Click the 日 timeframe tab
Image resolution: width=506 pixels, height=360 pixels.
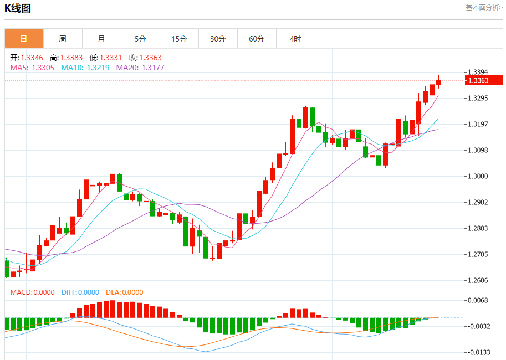coord(24,39)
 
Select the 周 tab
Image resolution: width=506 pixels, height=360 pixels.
coord(63,39)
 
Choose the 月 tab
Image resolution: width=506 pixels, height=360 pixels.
coord(101,39)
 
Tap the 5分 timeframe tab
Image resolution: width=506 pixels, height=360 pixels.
coord(140,39)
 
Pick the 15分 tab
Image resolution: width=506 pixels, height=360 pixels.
coord(179,39)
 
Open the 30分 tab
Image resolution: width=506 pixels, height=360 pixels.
coord(218,39)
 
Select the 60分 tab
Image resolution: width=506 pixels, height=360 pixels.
coord(257,39)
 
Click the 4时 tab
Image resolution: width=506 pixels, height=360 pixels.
coord(295,39)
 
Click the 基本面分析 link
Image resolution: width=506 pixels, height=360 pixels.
coord(484,8)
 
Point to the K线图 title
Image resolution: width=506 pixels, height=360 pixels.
coord(18,8)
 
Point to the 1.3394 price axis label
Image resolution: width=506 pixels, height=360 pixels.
coord(478,72)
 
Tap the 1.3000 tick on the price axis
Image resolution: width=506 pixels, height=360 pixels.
coord(478,176)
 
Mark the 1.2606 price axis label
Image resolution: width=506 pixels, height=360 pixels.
coord(478,280)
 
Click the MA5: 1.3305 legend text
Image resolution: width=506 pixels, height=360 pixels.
coord(32,68)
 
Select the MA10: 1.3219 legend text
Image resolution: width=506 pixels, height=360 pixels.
coord(85,68)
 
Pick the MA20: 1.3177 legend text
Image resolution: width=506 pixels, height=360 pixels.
coord(140,68)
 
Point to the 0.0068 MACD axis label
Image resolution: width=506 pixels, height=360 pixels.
coord(478,300)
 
